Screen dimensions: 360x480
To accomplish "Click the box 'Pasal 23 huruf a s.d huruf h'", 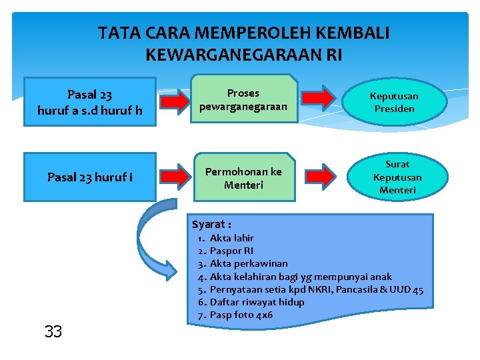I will pyautogui.click(x=89, y=102).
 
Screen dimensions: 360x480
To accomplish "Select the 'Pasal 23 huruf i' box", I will pyautogui.click(x=89, y=177).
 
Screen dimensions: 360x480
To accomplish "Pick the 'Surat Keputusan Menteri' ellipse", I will pyautogui.click(x=397, y=177).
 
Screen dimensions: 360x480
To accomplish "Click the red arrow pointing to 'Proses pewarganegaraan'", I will pyautogui.click(x=174, y=101).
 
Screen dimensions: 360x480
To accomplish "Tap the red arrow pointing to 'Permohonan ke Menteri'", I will pyautogui.click(x=174, y=176).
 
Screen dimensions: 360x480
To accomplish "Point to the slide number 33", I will pyautogui.click(x=53, y=331).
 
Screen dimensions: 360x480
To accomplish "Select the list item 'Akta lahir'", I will pyautogui.click(x=231, y=238).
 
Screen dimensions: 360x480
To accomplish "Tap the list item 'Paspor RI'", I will pyautogui.click(x=231, y=251).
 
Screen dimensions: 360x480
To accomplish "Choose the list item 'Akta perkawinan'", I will pyautogui.click(x=249, y=263).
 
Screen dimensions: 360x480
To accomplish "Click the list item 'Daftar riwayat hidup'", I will pyautogui.click(x=257, y=302).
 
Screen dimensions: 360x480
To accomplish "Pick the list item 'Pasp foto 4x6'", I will pyautogui.click(x=241, y=315).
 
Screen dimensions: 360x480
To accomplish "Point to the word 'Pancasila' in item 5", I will pyautogui.click(x=357, y=289).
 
